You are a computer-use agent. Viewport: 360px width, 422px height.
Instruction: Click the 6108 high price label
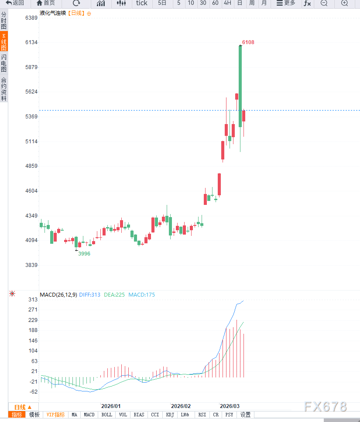[248, 42]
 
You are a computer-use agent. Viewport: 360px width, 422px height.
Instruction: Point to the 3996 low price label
[84, 254]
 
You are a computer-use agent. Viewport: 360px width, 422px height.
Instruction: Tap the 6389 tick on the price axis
[31, 18]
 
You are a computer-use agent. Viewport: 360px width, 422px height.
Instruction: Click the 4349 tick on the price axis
[31, 216]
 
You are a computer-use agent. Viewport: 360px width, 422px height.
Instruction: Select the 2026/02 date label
[181, 406]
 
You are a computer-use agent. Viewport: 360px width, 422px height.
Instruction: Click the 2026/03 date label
[230, 406]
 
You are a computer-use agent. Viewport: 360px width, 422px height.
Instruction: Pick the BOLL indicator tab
[106, 415]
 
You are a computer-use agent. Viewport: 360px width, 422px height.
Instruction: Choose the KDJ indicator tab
[170, 415]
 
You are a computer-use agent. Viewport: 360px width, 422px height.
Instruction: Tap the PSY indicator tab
[229, 415]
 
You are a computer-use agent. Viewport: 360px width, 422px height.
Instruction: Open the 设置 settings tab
[246, 415]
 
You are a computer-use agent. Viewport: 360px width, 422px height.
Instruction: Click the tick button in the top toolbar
[142, 3]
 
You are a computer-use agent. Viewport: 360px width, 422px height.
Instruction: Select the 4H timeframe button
[227, 3]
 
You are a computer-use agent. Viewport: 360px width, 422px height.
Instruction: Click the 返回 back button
[15, 3]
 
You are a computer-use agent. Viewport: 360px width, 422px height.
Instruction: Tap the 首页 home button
[46, 3]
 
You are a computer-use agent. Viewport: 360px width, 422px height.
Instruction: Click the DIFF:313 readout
[90, 295]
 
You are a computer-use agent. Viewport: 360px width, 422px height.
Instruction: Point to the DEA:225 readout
[114, 295]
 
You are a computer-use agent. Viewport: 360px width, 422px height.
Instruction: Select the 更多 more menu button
[286, 3]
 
